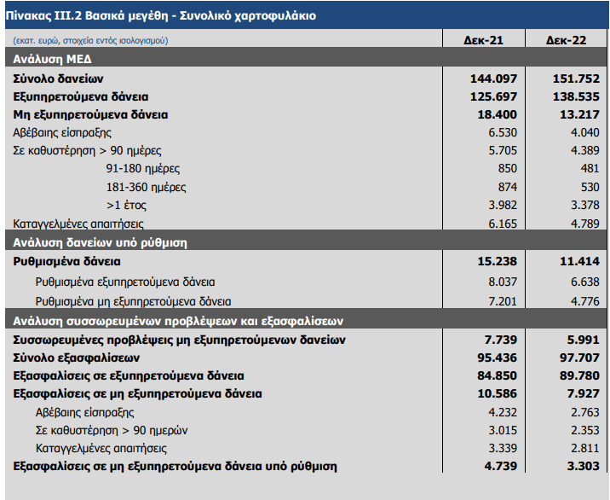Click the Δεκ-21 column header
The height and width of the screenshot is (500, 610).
pos(483,40)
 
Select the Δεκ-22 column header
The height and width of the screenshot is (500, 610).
pos(566,40)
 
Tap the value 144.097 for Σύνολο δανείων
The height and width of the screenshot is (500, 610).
pos(493,78)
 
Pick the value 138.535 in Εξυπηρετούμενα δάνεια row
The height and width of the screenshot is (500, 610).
pos(576,96)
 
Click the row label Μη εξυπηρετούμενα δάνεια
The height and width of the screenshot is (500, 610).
pos(90,114)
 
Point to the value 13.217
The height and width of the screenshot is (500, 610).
pos(579,114)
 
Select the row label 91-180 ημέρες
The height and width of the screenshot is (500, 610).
pos(143,168)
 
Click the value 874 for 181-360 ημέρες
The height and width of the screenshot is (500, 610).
pos(508,187)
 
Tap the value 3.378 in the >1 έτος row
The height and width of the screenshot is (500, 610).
pos(585,205)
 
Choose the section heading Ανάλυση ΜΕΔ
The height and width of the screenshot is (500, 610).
pos(52,59)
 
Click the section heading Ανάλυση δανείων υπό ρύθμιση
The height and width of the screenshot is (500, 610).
pos(100,243)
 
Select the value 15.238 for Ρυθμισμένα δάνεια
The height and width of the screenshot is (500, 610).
pos(498,261)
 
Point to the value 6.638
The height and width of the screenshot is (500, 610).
pos(585,282)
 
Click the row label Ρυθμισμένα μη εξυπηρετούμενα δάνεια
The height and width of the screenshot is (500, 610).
pos(133,302)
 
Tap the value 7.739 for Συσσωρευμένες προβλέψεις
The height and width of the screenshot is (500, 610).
pos(501,340)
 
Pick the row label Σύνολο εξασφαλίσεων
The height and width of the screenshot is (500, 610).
pos(77,358)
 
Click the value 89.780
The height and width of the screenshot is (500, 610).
pos(579,375)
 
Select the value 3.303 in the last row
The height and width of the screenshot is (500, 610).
pos(583,466)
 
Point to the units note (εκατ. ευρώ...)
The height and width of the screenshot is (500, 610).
pos(90,41)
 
